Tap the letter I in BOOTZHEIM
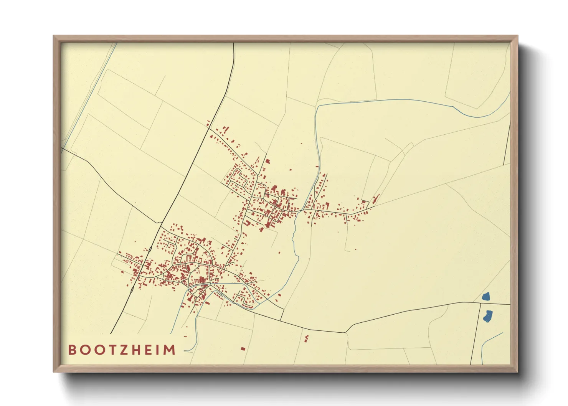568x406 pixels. click(x=159, y=350)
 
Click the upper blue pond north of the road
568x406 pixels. click(x=486, y=296)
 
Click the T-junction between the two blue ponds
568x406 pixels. click(x=480, y=304)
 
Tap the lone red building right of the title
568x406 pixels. click(x=243, y=348)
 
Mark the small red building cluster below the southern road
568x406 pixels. click(x=306, y=338)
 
